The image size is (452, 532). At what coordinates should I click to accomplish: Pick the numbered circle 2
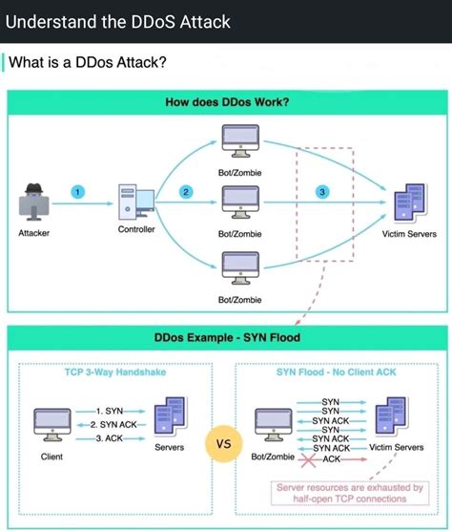pyautogui.click(x=186, y=192)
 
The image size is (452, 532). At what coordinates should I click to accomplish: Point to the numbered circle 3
pyautogui.click(x=322, y=192)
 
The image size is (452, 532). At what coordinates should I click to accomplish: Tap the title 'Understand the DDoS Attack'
pyautogui.click(x=117, y=20)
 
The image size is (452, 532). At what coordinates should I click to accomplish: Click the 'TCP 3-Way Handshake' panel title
pyautogui.click(x=114, y=372)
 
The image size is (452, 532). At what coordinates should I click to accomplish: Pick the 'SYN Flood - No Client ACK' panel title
pyautogui.click(x=339, y=372)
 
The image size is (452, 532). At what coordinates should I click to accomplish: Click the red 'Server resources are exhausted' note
pyautogui.click(x=349, y=492)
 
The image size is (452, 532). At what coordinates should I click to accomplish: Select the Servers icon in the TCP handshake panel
pyautogui.click(x=170, y=417)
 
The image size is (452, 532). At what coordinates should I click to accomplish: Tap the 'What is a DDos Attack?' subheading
pyautogui.click(x=88, y=63)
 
